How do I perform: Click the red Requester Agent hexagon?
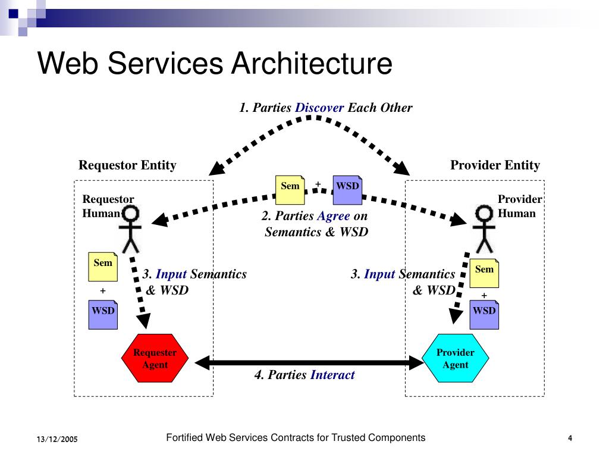(x=155, y=358)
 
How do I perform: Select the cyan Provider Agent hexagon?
(x=455, y=358)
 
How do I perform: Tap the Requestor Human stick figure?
(x=130, y=229)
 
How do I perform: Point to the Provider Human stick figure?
(x=484, y=229)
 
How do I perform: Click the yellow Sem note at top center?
(x=290, y=190)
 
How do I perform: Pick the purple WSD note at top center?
(x=347, y=190)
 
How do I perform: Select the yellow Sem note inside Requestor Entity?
(x=103, y=267)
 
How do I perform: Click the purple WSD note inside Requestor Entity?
(x=103, y=314)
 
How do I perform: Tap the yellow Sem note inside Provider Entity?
(x=484, y=273)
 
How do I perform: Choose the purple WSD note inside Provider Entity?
(x=484, y=314)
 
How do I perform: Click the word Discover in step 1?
(x=319, y=108)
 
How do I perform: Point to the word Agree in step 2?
(x=334, y=216)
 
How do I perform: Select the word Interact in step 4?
(x=332, y=375)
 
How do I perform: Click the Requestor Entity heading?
(x=127, y=165)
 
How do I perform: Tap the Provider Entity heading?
(x=495, y=165)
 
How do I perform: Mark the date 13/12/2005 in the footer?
(x=57, y=439)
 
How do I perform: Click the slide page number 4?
(x=570, y=439)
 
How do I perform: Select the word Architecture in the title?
(x=312, y=63)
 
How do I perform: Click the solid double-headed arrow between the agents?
(x=309, y=362)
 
